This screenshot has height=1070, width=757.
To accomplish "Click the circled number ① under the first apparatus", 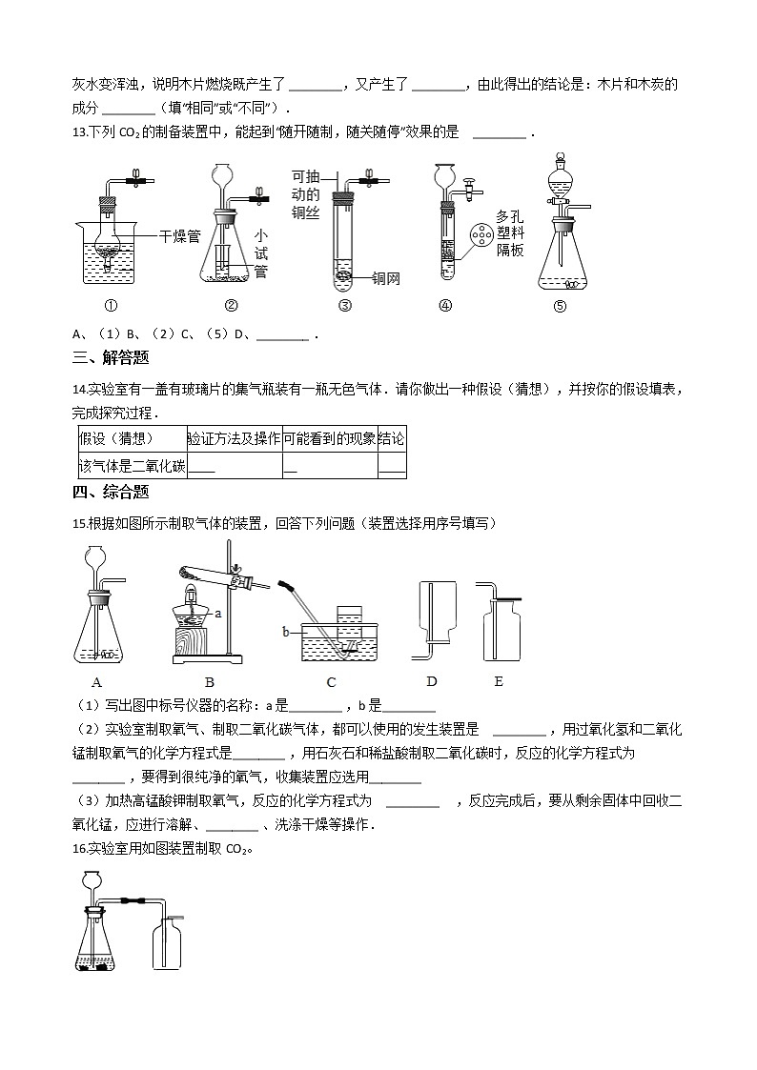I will coord(110,306).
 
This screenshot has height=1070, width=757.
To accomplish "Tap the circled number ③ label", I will coord(345,306).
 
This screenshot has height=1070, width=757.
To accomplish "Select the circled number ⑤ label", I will coord(560,307).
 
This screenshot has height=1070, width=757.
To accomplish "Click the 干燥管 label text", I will coord(179,235).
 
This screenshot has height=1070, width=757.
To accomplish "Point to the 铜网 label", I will coord(385,278).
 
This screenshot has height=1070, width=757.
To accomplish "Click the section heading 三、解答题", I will coord(111,358).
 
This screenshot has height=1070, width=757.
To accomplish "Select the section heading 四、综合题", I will coord(111,493).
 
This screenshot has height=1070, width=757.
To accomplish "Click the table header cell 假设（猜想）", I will coord(118,439).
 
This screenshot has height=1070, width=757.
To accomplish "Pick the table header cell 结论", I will coord(391,439).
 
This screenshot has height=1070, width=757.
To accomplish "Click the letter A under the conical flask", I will coord(96,682).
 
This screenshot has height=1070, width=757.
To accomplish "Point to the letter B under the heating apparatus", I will coord(210,682).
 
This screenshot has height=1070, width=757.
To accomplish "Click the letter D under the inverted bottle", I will coord(432,681).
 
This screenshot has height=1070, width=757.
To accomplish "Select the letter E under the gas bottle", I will coord(499,681).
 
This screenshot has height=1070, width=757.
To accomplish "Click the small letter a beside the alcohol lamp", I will coord(218,614).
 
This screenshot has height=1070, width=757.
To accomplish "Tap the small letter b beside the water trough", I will coord(285,631).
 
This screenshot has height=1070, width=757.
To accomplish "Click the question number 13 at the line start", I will coord(79,132).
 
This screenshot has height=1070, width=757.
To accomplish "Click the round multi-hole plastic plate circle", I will coord(482,234).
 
